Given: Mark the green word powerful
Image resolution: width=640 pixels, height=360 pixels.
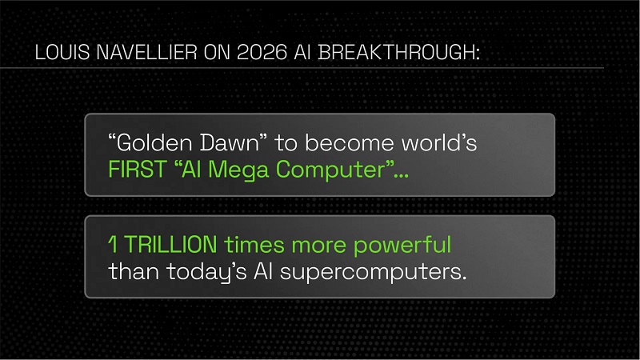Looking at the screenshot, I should click(402, 244).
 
